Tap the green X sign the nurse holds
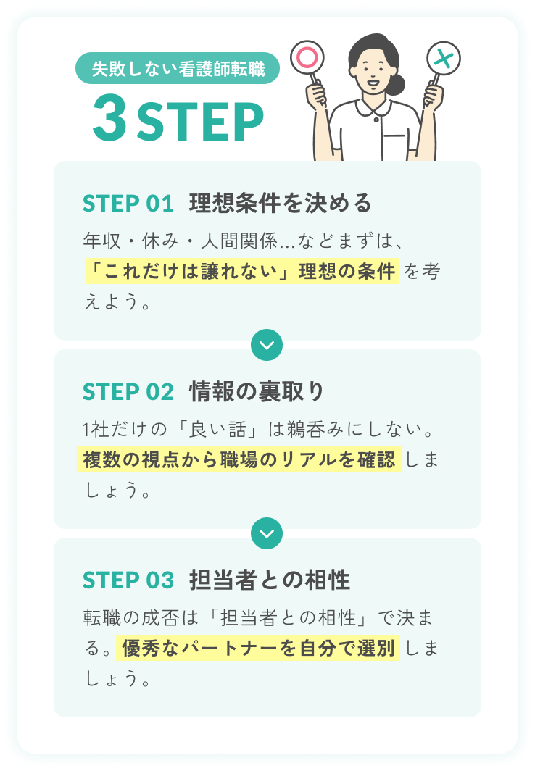(444, 59)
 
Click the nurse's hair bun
(395, 84)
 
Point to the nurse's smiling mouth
(373, 83)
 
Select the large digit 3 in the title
(109, 118)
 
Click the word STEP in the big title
(200, 122)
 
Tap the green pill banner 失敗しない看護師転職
(178, 68)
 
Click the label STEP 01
(128, 204)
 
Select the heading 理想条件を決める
(281, 203)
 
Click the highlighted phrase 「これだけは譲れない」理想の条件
(242, 271)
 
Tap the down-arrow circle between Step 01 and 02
(267, 345)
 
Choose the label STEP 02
(128, 392)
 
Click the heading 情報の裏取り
(257, 391)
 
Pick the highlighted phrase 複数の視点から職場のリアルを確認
(239, 459)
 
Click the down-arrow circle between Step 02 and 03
(267, 533)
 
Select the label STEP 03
(128, 580)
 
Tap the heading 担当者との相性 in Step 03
(270, 580)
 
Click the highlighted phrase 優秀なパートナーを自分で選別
(258, 648)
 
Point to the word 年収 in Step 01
(101, 241)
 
